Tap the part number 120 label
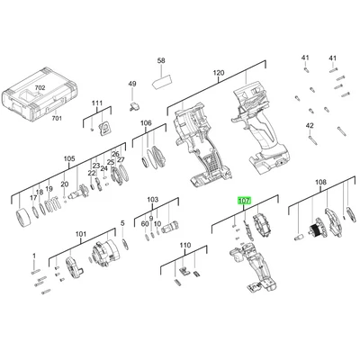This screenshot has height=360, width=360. [x=219, y=73]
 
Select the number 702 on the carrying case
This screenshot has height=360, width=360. [x=40, y=88]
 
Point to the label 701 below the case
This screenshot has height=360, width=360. [x=57, y=118]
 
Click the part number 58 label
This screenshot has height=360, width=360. [x=161, y=60]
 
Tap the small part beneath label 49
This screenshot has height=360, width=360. [x=133, y=106]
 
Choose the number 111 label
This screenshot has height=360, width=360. [x=97, y=103]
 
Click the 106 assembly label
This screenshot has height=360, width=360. [x=146, y=123]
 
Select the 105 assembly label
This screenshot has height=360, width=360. [x=69, y=158]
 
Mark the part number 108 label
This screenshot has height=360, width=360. [x=320, y=182]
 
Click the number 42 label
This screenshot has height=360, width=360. [x=310, y=125]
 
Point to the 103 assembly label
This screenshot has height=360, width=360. [x=153, y=200]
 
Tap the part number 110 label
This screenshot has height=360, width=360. [x=185, y=246]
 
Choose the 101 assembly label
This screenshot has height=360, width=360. [x=81, y=234]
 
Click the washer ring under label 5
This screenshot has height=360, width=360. [x=125, y=244]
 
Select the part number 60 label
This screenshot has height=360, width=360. [x=145, y=224]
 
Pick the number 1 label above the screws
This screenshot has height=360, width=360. [x=34, y=256]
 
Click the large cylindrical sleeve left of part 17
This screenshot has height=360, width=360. [x=22, y=218]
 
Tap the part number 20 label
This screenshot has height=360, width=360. [x=65, y=184]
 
